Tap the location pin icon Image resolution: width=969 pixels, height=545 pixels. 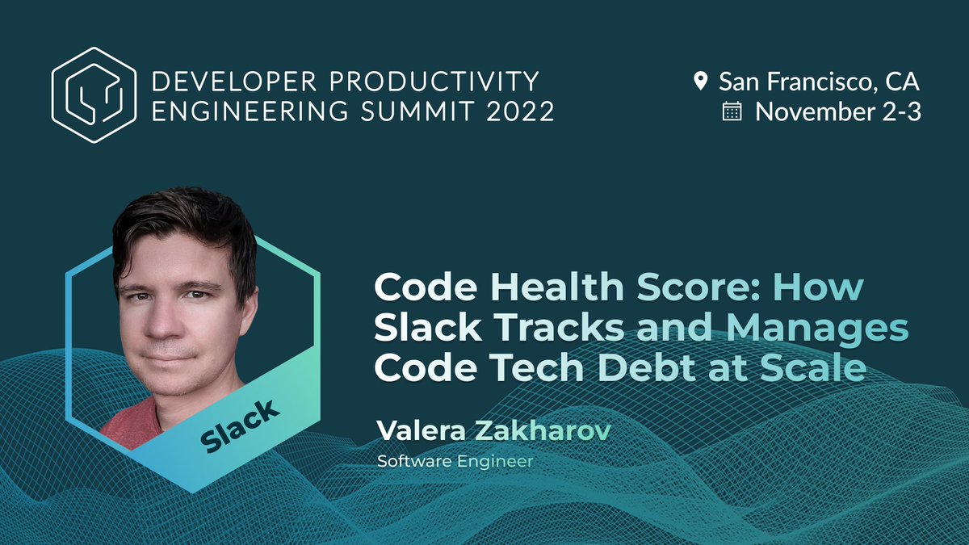tap(700, 81)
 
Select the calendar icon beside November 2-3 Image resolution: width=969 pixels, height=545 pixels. tap(732, 111)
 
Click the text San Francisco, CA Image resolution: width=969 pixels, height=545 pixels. tap(819, 81)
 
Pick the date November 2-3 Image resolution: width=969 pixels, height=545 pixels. tap(837, 111)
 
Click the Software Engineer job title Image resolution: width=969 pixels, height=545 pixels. tap(455, 462)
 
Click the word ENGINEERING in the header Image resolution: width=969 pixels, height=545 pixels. tap(237, 111)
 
